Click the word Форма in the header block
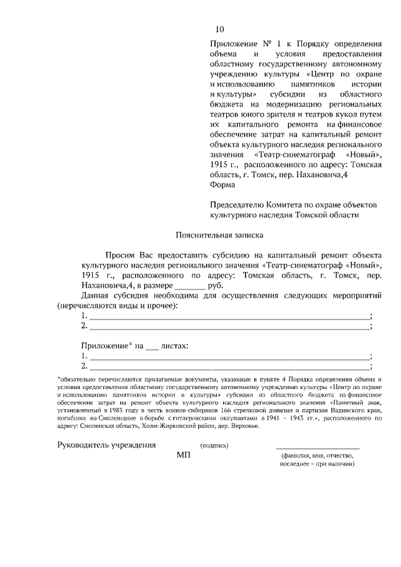point(223,185)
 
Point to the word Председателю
point(239,204)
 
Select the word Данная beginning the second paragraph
point(96,295)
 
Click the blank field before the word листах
point(152,346)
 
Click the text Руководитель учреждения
point(106,445)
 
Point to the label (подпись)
point(214,445)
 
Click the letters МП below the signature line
point(183,455)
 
